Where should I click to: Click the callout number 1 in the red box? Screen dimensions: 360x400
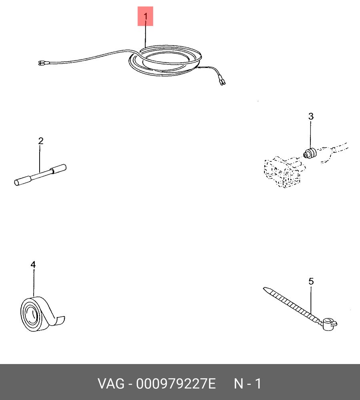click(146, 16)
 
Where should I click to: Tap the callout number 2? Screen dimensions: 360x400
click(41, 141)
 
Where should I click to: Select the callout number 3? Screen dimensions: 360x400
click(311, 116)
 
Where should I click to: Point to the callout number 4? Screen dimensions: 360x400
click(33, 265)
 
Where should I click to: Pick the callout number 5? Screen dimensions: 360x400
click(311, 281)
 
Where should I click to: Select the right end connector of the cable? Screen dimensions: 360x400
click(222, 81)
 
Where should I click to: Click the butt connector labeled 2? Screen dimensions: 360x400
click(40, 175)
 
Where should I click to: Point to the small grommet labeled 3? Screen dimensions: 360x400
click(310, 153)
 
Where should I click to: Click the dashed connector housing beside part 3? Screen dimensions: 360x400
click(284, 171)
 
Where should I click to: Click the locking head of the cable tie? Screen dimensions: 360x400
click(329, 324)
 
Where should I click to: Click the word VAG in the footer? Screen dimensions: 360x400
click(111, 384)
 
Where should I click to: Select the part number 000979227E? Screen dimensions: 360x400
click(176, 384)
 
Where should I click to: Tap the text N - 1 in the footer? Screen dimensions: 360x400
click(248, 384)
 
